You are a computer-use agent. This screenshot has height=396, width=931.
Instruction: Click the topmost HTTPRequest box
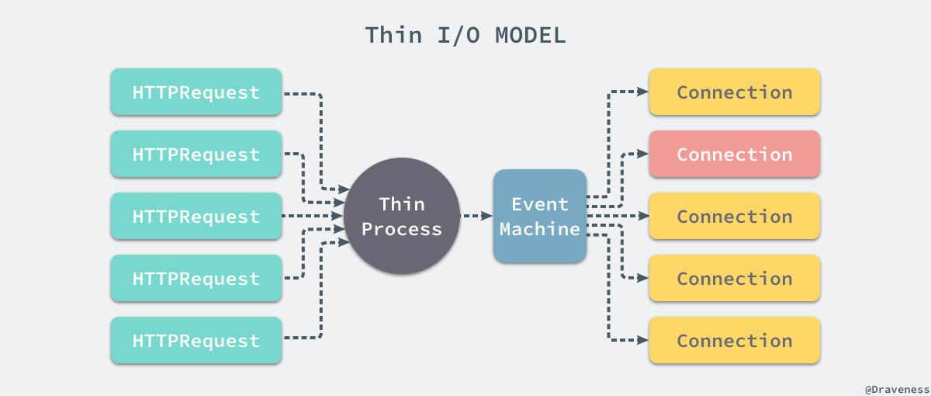[196, 92]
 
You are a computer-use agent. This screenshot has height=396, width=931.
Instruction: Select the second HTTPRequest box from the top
[196, 155]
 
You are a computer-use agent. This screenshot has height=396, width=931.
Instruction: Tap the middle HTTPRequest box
[196, 217]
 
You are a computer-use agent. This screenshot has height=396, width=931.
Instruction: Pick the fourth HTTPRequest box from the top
[196, 279]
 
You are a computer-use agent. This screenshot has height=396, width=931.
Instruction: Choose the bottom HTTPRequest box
[196, 341]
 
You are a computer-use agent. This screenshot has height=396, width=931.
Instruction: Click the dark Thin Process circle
[402, 216]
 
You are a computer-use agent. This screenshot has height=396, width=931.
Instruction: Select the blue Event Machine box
[540, 216]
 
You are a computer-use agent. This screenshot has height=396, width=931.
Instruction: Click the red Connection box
[735, 155]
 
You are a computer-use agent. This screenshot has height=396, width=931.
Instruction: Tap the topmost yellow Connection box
[735, 92]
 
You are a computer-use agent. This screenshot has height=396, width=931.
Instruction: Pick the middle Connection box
[735, 217]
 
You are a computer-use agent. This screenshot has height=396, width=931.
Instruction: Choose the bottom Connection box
[735, 341]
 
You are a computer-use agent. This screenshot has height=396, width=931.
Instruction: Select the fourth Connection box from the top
[735, 279]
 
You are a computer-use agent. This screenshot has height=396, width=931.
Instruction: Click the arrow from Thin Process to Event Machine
[476, 216]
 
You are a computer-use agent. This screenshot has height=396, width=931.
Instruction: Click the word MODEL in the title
[530, 36]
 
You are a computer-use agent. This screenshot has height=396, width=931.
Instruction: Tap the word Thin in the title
[393, 36]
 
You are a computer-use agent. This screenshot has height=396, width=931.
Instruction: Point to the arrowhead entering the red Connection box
[642, 154]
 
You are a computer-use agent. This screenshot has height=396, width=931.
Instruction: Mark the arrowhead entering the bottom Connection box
[642, 340]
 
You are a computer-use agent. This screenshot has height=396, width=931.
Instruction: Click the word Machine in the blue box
[540, 229]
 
